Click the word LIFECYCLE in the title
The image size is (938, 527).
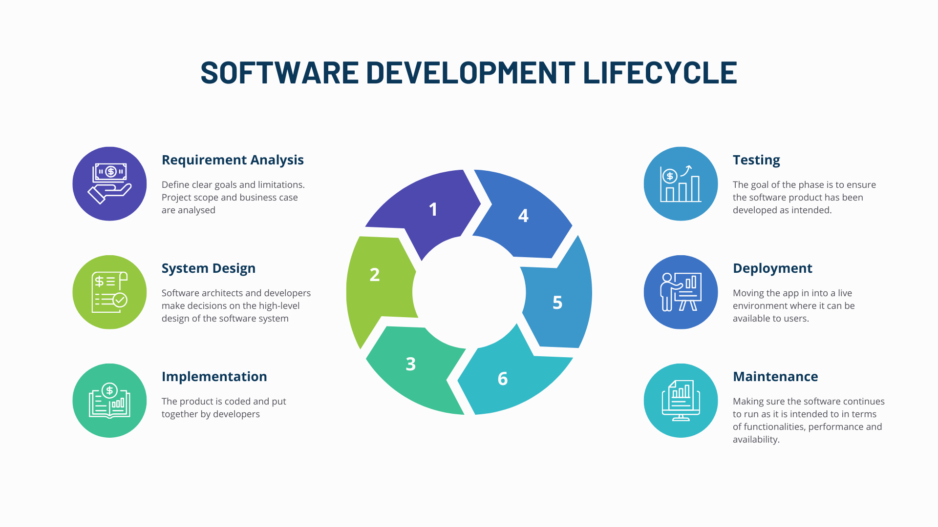click(x=660, y=72)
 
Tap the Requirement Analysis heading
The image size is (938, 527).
click(x=233, y=160)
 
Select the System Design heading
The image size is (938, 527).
click(x=209, y=268)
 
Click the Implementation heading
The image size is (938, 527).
click(x=214, y=377)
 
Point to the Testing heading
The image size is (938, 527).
click(x=756, y=160)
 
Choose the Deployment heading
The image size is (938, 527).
click(x=772, y=268)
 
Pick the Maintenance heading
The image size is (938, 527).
click(x=775, y=377)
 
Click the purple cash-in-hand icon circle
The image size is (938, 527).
click(x=109, y=184)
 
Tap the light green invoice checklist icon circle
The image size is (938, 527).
click(x=109, y=292)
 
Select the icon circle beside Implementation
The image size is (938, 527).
click(x=109, y=401)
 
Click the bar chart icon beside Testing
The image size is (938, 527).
click(x=681, y=184)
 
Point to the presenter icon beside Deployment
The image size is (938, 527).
click(x=681, y=292)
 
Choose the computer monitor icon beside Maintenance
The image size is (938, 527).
click(x=681, y=401)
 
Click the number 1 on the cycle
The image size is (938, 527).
click(x=433, y=209)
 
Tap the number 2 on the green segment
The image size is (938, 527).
click(x=375, y=275)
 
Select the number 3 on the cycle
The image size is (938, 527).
click(x=411, y=364)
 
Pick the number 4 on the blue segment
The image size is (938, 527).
click(x=523, y=216)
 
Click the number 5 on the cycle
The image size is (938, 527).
click(x=557, y=303)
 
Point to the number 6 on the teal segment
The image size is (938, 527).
click(x=503, y=379)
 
